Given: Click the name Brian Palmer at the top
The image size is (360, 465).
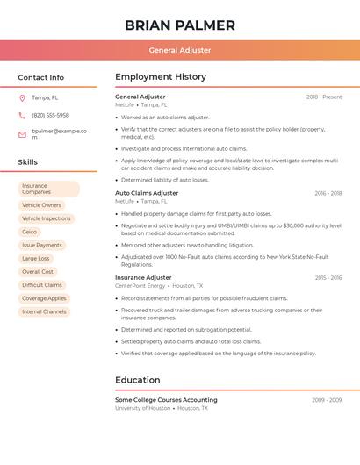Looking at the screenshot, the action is (180, 25).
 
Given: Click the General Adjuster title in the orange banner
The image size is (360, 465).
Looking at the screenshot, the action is (180, 51).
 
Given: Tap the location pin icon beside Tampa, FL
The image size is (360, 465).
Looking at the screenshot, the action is (22, 98).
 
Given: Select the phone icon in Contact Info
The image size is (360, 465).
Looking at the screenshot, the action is (22, 116).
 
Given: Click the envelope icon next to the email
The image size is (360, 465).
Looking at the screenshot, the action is (22, 134).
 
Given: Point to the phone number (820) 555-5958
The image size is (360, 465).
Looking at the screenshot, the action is (50, 116).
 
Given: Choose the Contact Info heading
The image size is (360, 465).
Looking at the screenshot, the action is (41, 77).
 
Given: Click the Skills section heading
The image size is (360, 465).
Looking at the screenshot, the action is (28, 162).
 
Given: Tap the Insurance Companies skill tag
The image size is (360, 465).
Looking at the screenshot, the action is (48, 189).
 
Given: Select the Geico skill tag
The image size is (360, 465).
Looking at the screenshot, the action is (30, 232).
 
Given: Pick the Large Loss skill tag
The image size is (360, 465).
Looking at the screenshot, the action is (36, 259).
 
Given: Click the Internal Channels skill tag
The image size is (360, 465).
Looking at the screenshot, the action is (44, 311).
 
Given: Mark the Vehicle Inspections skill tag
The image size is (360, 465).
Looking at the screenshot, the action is (47, 218).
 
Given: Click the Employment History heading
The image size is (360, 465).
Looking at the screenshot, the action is (161, 77).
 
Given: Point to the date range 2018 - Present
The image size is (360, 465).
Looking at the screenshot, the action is (324, 97).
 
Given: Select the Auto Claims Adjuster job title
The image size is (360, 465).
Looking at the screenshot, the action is (147, 193).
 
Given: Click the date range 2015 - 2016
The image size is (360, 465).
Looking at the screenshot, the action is (328, 278).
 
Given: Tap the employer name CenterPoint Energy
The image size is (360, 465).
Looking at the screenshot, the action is (140, 286).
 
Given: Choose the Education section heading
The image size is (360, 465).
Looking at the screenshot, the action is (138, 380).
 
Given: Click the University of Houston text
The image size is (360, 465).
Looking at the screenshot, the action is (143, 408).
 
